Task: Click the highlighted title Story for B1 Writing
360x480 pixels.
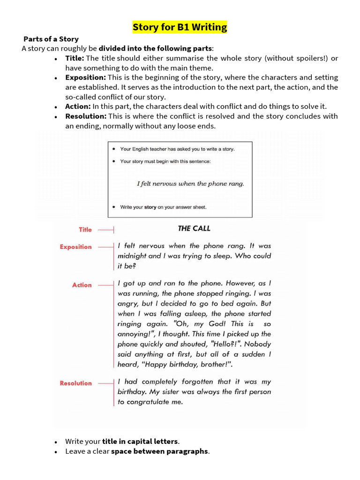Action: (180, 27)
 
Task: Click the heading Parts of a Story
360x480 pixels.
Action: (51, 39)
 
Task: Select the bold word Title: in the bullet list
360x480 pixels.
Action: (75, 58)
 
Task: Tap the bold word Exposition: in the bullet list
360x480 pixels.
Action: (86, 77)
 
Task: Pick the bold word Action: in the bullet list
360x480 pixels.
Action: (78, 106)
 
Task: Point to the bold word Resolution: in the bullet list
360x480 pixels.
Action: (86, 116)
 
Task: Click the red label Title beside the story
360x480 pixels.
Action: (85, 230)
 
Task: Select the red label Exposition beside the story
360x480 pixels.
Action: (75, 247)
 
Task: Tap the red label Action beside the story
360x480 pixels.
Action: (82, 285)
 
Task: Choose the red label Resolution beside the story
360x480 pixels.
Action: (75, 383)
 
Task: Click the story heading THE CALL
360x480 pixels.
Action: (194, 229)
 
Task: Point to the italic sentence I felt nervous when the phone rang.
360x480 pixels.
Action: (190, 184)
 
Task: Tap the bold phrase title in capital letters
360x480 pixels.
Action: (140, 442)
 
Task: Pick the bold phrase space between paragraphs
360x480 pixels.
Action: (159, 451)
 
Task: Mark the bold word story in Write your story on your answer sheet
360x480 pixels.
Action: (150, 207)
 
